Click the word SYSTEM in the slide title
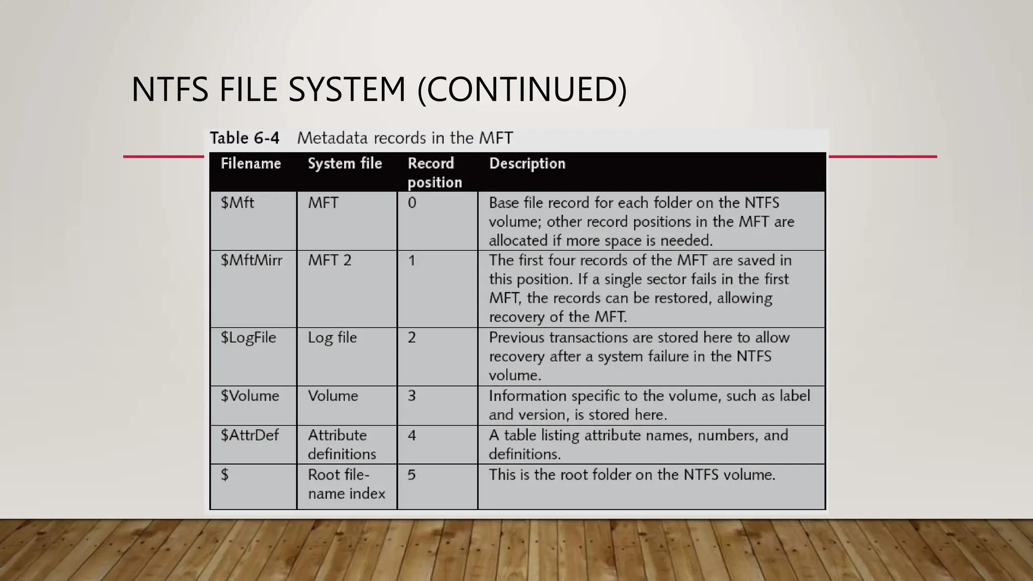click(x=347, y=90)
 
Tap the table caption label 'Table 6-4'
click(x=245, y=138)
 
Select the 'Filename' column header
click(x=251, y=163)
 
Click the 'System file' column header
click(x=345, y=163)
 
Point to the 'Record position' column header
click(x=434, y=172)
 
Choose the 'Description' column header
click(x=527, y=163)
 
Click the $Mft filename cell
click(x=238, y=203)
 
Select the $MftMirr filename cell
click(x=251, y=260)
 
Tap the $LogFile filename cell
click(x=248, y=337)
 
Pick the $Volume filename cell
click(x=250, y=396)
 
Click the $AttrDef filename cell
click(x=249, y=435)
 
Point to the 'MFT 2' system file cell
click(x=329, y=260)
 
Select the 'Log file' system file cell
click(x=332, y=337)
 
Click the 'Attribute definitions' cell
click(x=341, y=444)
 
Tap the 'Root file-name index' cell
click(x=346, y=484)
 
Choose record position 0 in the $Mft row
click(x=412, y=203)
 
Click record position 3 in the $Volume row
click(x=412, y=396)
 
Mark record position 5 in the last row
click(x=412, y=475)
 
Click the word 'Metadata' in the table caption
click(x=328, y=138)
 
